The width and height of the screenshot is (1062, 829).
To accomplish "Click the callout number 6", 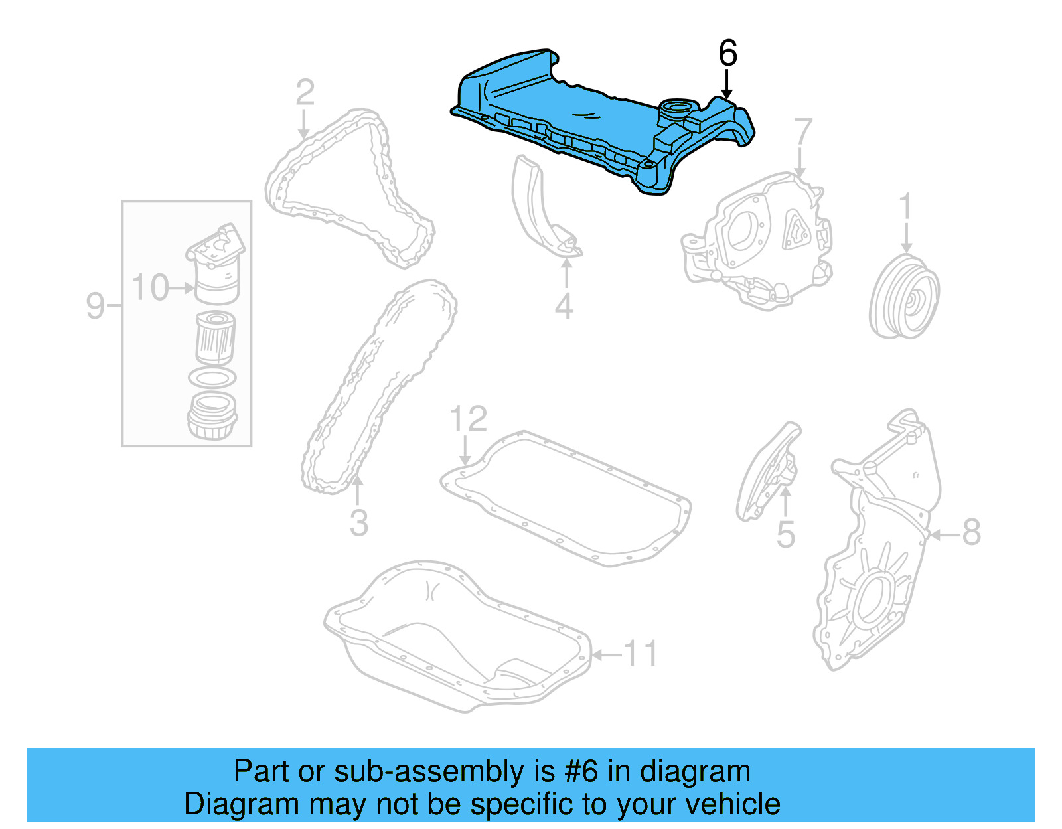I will coord(727,53).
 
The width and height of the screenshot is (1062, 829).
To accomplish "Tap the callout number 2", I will coord(305,93).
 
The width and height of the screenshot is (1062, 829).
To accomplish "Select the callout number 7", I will coord(803,132).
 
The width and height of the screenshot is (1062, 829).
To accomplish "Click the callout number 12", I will coord(468,419).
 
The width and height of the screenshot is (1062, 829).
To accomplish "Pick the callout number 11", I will coord(641,654).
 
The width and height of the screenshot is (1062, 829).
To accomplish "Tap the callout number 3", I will coord(358,523).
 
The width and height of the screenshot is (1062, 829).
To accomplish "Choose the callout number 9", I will coord(96,306).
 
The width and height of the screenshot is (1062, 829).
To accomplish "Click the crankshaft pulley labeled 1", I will coord(904,297).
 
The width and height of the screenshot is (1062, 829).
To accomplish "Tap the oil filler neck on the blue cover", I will coord(676,109).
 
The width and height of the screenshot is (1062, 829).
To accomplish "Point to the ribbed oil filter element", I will coord(215,338).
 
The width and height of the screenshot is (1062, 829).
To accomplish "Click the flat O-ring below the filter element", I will coord(212,378).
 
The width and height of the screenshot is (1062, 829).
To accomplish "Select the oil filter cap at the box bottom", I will coord(212,416).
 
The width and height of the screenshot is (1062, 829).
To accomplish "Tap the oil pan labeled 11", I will coord(458,637).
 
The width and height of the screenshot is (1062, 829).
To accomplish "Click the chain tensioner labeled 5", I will coord(770,471).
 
